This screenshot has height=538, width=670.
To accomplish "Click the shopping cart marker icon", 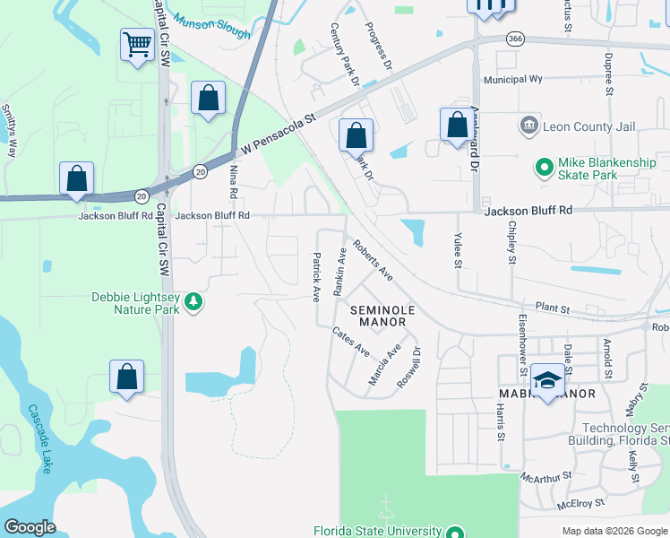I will pyautogui.click(x=137, y=44).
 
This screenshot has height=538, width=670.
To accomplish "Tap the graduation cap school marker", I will pyautogui.click(x=546, y=379).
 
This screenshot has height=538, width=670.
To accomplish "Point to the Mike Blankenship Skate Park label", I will pyautogui.click(x=613, y=168).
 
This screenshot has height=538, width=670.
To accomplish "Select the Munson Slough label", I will pyautogui.click(x=212, y=25).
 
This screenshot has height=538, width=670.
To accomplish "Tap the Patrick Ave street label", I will pyautogui.click(x=316, y=276).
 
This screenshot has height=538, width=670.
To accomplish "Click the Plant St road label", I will pyautogui.click(x=553, y=308).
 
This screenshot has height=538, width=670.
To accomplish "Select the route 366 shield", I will pyautogui.click(x=513, y=39).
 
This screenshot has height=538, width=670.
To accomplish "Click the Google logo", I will pyautogui.click(x=30, y=526).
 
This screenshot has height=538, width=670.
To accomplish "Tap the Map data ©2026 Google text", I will pyautogui.click(x=614, y=531).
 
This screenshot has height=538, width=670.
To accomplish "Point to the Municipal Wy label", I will pyautogui.click(x=513, y=79).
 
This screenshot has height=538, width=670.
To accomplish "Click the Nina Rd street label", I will pyautogui.click(x=235, y=181).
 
